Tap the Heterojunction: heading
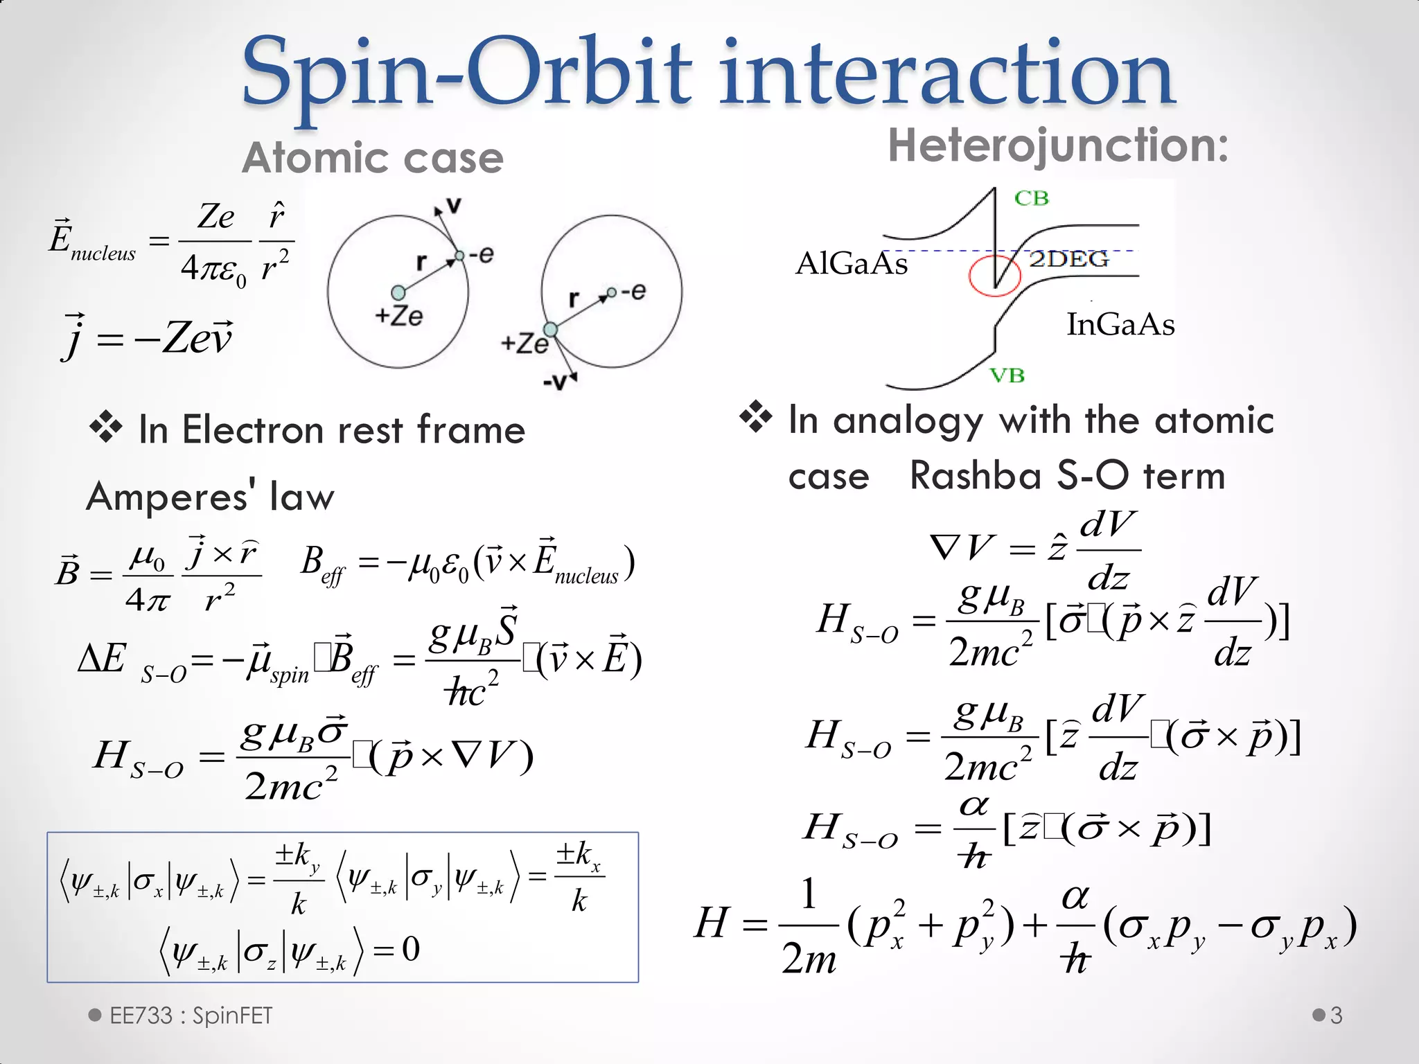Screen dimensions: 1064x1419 click(x=1058, y=145)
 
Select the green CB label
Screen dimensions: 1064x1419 click(x=1032, y=199)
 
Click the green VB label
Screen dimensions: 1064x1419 click(x=1007, y=375)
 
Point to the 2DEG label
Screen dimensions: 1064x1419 click(x=1068, y=259)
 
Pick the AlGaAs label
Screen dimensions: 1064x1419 click(x=852, y=264)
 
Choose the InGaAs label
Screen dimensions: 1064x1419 click(x=1120, y=325)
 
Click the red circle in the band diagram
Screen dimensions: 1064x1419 click(x=994, y=276)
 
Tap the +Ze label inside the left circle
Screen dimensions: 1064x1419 click(x=398, y=317)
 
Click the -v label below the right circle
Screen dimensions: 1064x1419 click(x=556, y=382)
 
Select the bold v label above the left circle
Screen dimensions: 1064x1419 click(x=454, y=205)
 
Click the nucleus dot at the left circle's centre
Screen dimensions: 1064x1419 click(x=398, y=292)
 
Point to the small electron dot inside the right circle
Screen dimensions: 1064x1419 click(x=611, y=292)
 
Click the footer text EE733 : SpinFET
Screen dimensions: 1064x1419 click(x=191, y=1016)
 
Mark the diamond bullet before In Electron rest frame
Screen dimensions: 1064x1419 click(x=106, y=427)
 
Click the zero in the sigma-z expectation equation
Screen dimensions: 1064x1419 click(x=411, y=949)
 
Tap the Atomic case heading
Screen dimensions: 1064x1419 click(x=372, y=158)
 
